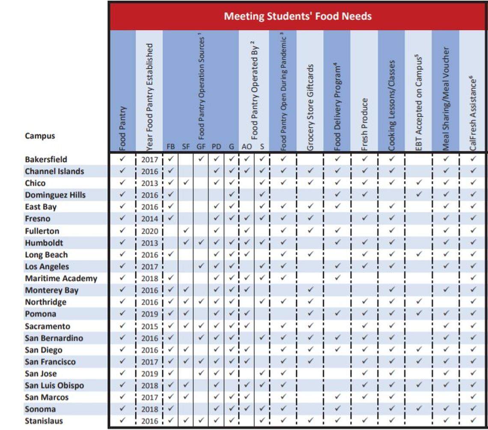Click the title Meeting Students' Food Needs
pyautogui.click(x=298, y=16)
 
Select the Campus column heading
pyautogui.click(x=40, y=136)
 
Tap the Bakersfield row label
pyautogui.click(x=46, y=159)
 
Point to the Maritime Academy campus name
pyautogui.click(x=61, y=278)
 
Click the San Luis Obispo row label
pyautogui.click(x=54, y=385)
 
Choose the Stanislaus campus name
pyautogui.click(x=44, y=421)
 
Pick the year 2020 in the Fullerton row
pyautogui.click(x=150, y=231)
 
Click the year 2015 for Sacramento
pyautogui.click(x=150, y=326)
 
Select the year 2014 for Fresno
pyautogui.click(x=150, y=219)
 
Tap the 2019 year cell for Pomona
pyautogui.click(x=150, y=314)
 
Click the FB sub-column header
pyautogui.click(x=170, y=147)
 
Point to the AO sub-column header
pyautogui.click(x=247, y=147)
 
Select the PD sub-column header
pyautogui.click(x=216, y=147)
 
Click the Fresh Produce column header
pyautogui.click(x=364, y=124)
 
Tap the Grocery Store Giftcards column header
pyautogui.click(x=310, y=107)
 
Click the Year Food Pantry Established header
pyautogui.click(x=149, y=96)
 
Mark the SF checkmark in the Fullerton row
pyautogui.click(x=186, y=231)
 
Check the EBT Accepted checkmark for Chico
pyautogui.click(x=419, y=183)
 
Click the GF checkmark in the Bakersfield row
pyautogui.click(x=201, y=159)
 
